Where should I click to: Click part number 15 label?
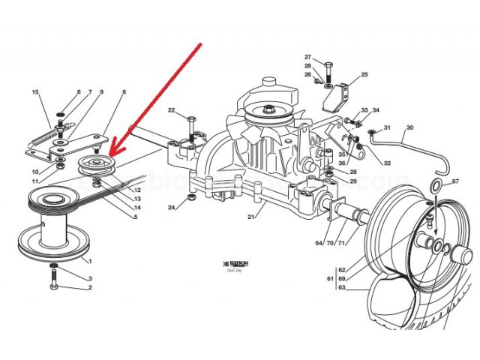(x=34, y=92)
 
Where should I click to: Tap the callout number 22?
(x=172, y=111)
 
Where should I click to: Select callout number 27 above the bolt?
(x=307, y=58)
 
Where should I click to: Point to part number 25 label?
(x=364, y=75)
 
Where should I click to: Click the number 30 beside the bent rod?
(x=409, y=127)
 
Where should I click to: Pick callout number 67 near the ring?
(x=455, y=181)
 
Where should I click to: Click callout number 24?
(x=172, y=207)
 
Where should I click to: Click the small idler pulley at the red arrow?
(x=95, y=164)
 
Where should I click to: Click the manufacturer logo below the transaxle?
(x=226, y=264)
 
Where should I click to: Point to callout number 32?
(x=387, y=163)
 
